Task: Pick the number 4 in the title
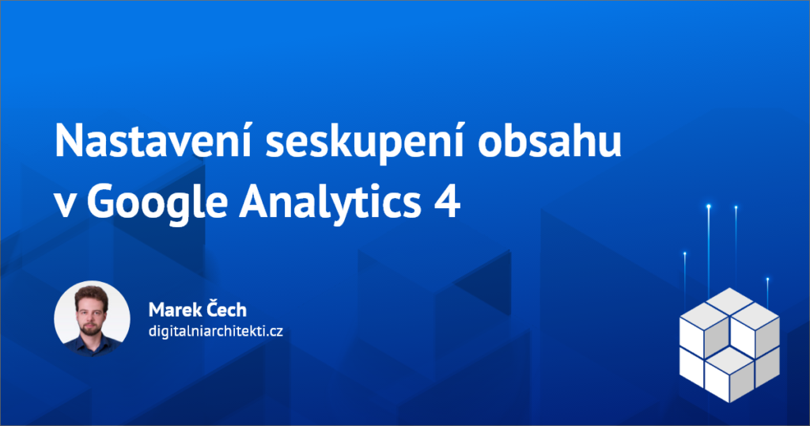(447, 202)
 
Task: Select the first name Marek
(173, 310)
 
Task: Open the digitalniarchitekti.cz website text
(215, 331)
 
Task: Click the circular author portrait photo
(92, 318)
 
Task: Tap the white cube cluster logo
(729, 344)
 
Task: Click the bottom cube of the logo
(729, 375)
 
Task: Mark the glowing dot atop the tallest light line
(709, 207)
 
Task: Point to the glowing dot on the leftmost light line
(685, 254)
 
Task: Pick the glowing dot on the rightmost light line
(767, 280)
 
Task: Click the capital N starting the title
(68, 141)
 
